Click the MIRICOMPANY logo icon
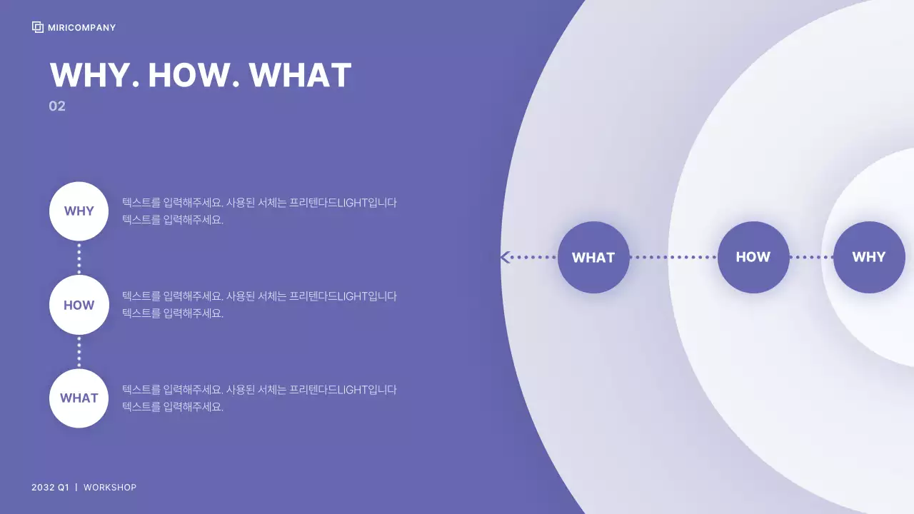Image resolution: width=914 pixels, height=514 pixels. (38, 27)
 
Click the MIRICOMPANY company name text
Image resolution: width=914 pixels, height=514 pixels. (81, 28)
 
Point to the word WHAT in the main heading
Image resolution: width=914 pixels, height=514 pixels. (300, 76)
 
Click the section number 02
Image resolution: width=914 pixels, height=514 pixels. (57, 106)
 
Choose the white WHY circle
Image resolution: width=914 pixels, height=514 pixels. (79, 211)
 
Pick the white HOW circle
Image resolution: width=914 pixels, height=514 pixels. (79, 305)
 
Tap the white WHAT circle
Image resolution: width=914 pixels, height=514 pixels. (79, 398)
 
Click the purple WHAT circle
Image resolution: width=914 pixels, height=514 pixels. (593, 257)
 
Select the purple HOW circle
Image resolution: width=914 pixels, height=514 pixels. (753, 257)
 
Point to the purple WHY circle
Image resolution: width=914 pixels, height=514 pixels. (869, 257)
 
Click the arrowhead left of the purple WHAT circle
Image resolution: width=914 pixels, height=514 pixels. (506, 257)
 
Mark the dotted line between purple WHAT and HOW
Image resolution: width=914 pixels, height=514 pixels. (673, 257)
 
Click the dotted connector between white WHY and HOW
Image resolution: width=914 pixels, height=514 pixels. (79, 258)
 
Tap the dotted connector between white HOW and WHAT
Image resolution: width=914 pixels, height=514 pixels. (79, 352)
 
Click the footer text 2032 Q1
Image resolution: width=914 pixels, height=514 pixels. (50, 488)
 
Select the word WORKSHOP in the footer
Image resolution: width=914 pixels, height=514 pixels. (110, 488)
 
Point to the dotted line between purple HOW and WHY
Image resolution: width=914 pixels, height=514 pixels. (811, 257)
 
